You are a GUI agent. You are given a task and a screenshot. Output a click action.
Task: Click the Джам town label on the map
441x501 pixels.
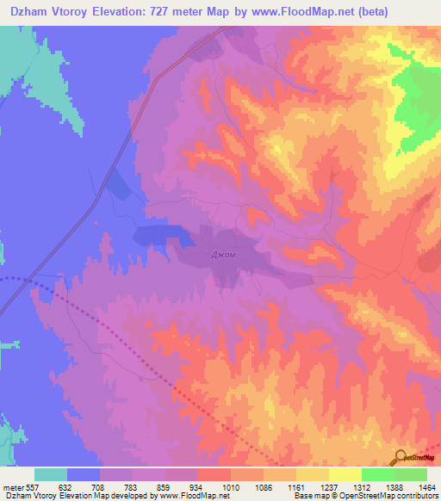point(223,255)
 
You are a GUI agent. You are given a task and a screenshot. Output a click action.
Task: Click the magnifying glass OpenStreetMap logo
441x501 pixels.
point(401,457)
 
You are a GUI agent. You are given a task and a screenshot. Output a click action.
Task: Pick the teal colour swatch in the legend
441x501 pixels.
point(51,474)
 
